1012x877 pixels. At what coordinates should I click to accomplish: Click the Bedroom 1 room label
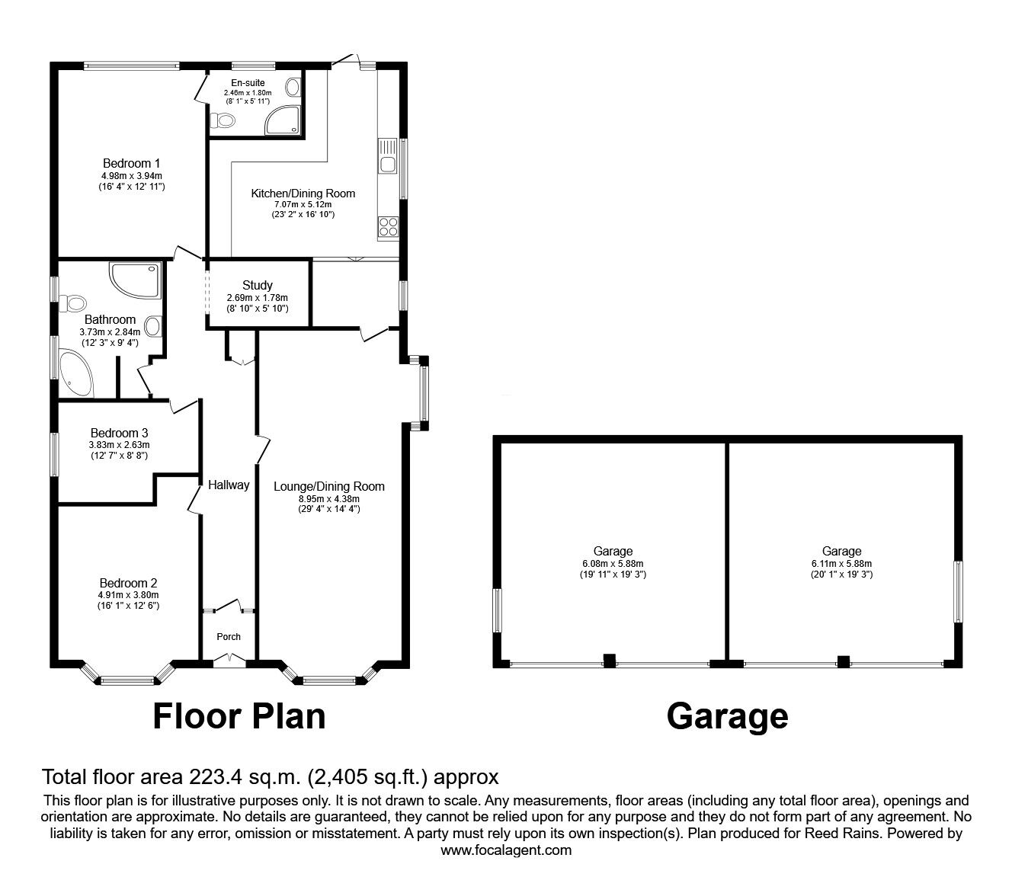[x=131, y=163]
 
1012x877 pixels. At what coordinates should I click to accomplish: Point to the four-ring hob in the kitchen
[x=387, y=226]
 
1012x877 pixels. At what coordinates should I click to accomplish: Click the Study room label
[x=258, y=286]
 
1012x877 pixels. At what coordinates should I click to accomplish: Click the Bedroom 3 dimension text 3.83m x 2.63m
[x=119, y=445]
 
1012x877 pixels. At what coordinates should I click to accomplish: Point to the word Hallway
[x=229, y=485]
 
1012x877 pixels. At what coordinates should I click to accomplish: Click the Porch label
[x=229, y=637]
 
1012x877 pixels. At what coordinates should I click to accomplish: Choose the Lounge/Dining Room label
[x=329, y=486]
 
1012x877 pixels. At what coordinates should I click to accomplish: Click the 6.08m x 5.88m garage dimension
[x=613, y=564]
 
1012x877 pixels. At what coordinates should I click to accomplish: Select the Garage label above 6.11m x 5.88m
[x=841, y=551]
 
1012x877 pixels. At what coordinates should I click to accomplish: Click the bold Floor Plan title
[x=239, y=716]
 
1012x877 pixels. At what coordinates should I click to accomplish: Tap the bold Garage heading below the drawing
[x=727, y=716]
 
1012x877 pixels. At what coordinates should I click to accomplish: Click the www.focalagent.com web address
[x=506, y=850]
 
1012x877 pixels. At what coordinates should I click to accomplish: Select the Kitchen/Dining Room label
[x=303, y=194]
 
